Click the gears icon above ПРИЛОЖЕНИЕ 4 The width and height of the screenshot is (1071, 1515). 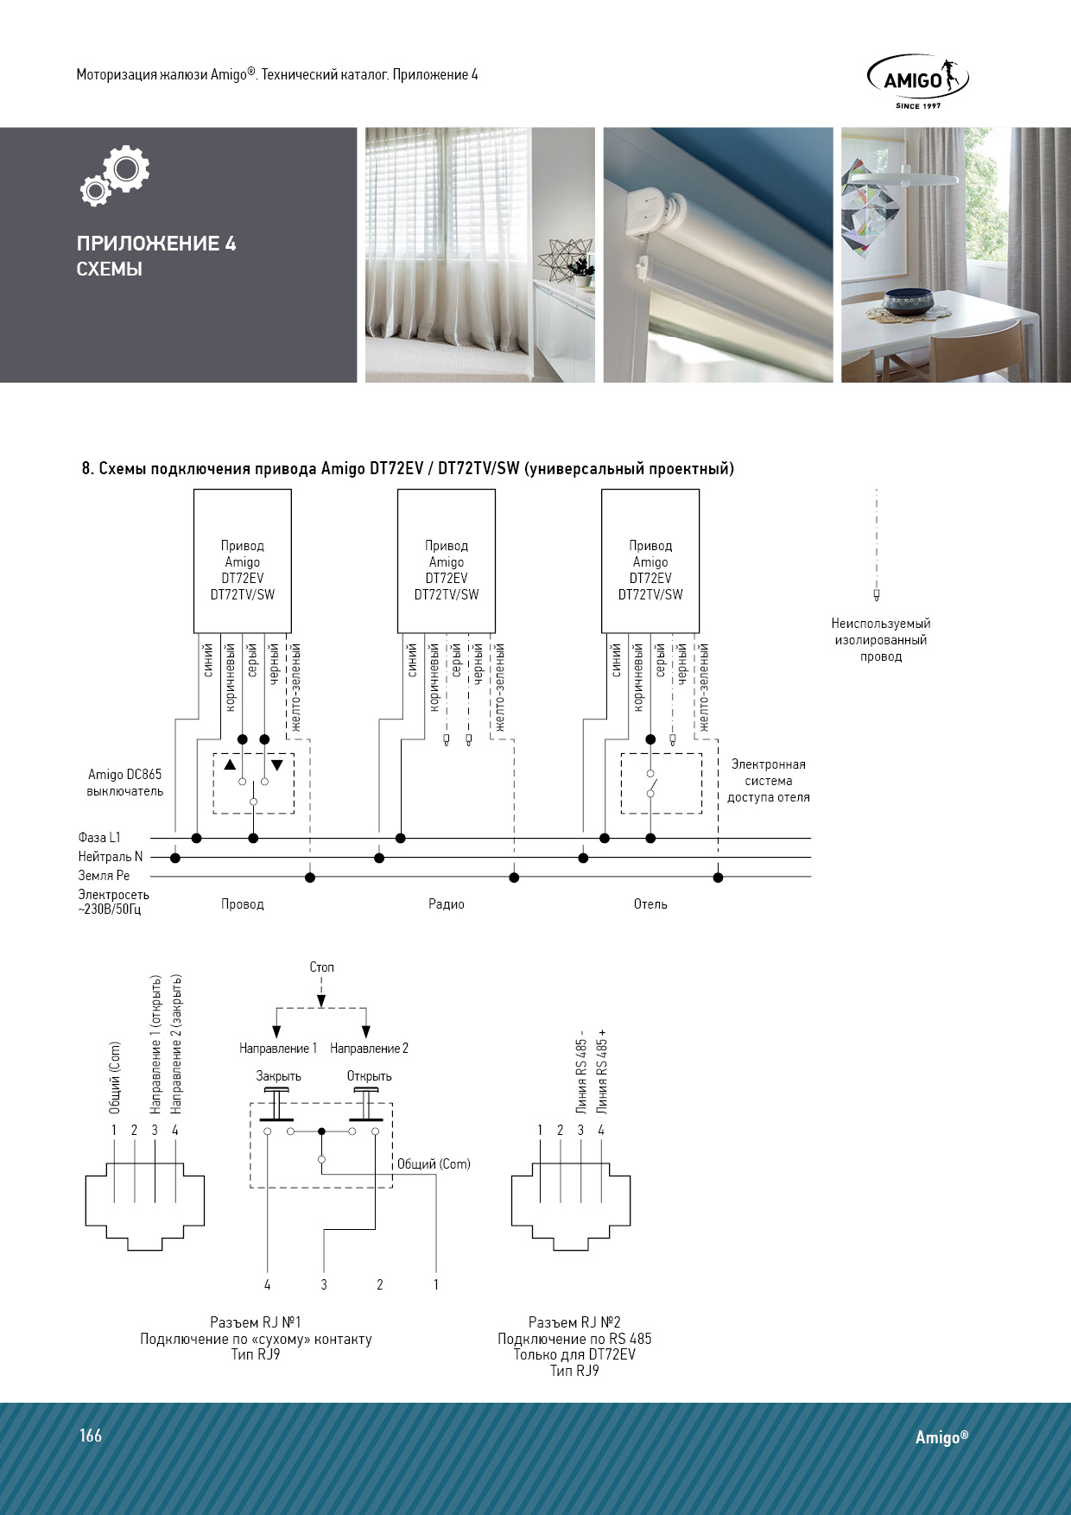(x=116, y=175)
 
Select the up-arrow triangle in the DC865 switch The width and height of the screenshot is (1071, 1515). (x=230, y=765)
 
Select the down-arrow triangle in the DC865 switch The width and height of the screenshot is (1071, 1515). (x=277, y=765)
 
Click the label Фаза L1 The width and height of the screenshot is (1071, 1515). (x=99, y=837)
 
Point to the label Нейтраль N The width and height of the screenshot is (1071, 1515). (x=110, y=857)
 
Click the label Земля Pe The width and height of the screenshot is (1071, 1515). (x=104, y=876)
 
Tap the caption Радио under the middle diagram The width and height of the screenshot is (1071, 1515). (x=447, y=904)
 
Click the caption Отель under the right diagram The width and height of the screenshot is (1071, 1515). (x=650, y=904)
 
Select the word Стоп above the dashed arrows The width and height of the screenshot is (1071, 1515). (x=321, y=967)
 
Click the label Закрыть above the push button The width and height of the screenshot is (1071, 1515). (x=278, y=1076)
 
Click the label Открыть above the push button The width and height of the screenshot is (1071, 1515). (x=369, y=1076)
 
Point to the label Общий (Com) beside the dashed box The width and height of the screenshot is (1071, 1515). (x=434, y=1164)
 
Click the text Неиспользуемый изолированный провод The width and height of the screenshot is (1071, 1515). (x=880, y=640)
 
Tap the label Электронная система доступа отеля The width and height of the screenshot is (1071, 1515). (x=768, y=781)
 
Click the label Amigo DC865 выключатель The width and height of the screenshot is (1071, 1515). (x=124, y=783)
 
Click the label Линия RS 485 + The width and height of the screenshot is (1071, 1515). (x=602, y=1071)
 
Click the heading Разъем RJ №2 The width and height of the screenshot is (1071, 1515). (x=574, y=1322)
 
